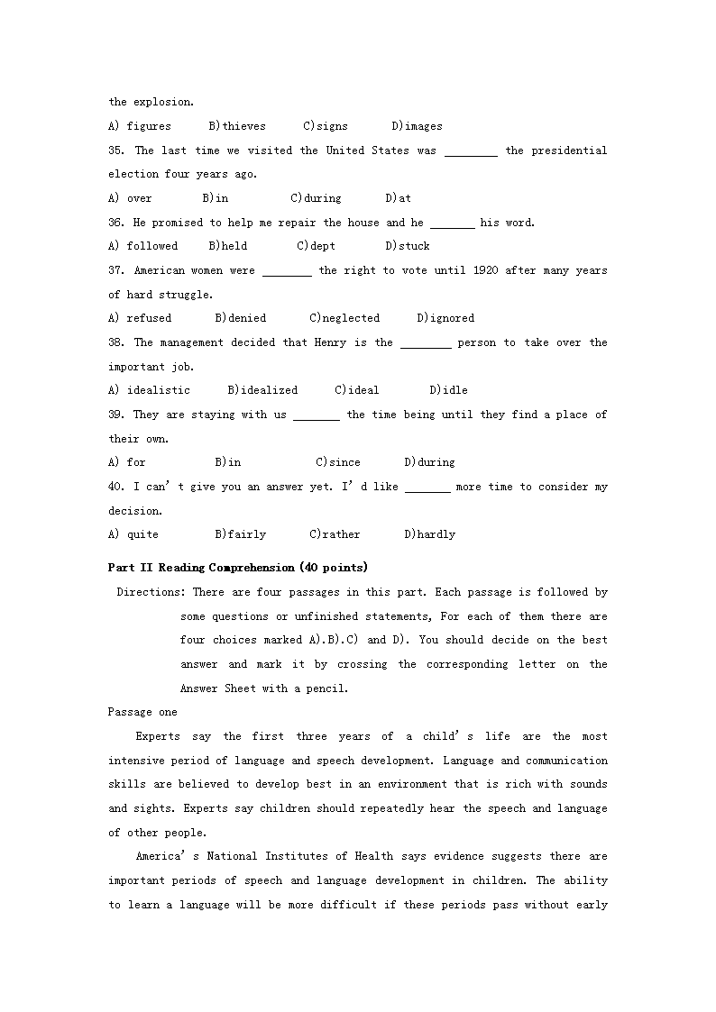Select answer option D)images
[417, 126]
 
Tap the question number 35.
[116, 150]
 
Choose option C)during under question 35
[316, 198]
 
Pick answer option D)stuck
[407, 246]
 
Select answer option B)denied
[240, 318]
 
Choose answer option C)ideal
[356, 390]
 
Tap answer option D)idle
[448, 390]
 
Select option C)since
[337, 462]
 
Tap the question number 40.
[116, 487]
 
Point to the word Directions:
[151, 592]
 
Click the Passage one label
[142, 712]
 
